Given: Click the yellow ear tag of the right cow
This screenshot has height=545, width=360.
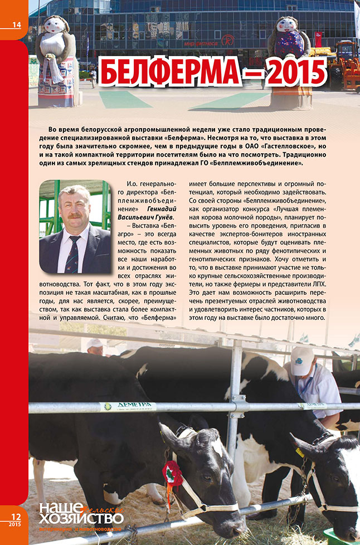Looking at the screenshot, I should click(300, 452).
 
